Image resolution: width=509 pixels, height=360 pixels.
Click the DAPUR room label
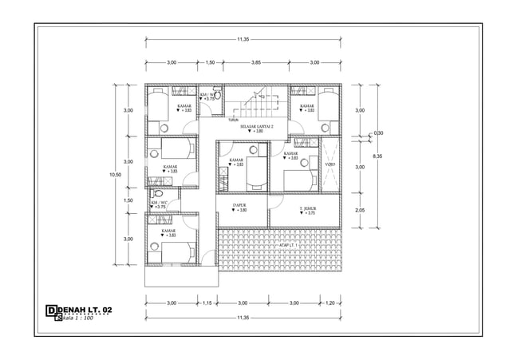tap(239, 205)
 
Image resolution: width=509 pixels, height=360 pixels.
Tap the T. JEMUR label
tap(307, 208)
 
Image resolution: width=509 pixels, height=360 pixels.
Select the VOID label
tap(330, 165)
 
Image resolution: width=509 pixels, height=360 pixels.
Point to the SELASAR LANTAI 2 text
tap(257, 126)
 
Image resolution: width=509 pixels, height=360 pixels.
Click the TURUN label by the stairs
tap(232, 121)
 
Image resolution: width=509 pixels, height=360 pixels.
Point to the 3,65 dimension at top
tap(256, 62)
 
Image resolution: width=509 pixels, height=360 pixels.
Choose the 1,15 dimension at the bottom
tap(207, 303)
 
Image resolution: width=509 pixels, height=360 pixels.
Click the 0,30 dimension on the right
tap(378, 133)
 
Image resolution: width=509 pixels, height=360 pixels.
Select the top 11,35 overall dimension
tap(244, 38)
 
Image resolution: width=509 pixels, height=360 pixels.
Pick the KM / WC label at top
tap(207, 94)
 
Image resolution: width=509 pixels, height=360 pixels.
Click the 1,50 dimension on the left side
tap(128, 200)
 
